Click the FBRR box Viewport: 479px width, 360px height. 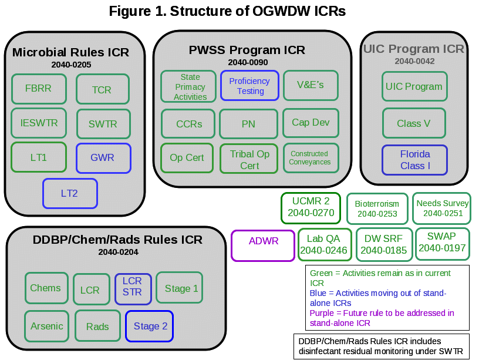38,89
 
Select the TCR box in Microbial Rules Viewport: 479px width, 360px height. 102,90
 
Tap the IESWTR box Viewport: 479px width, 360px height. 39,123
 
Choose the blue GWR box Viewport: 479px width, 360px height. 103,157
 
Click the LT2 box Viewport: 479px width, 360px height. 69,193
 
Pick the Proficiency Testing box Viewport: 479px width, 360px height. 249,86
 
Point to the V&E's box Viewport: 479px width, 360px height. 311,85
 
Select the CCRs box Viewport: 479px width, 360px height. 189,124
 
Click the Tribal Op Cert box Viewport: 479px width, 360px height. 249,159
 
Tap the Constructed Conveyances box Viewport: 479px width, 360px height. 310,158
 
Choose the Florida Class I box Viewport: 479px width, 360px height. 415,160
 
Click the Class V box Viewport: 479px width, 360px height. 414,123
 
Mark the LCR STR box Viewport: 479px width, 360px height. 132,287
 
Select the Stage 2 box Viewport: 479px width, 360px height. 150,326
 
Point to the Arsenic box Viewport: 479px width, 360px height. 47,326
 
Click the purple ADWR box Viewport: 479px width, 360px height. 264,245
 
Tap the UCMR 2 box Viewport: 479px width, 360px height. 311,208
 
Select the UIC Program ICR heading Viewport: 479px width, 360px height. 414,49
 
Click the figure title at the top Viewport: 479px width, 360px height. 228,11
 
